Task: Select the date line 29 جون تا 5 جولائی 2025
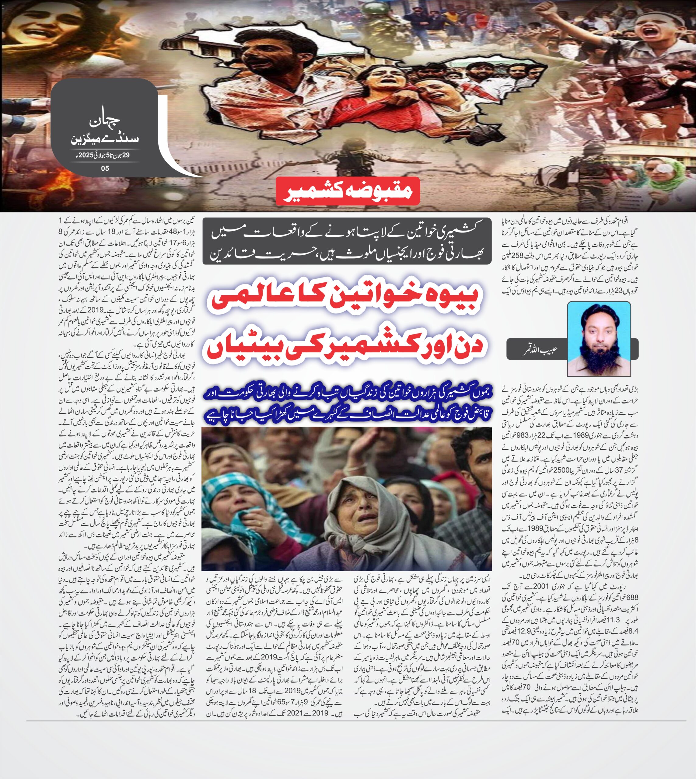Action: (104, 156)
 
